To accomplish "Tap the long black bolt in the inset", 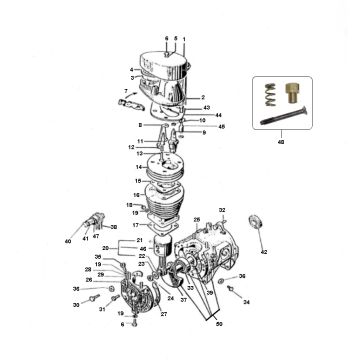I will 286,127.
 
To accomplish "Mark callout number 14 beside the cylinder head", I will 126,166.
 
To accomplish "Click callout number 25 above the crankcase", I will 196,218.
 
